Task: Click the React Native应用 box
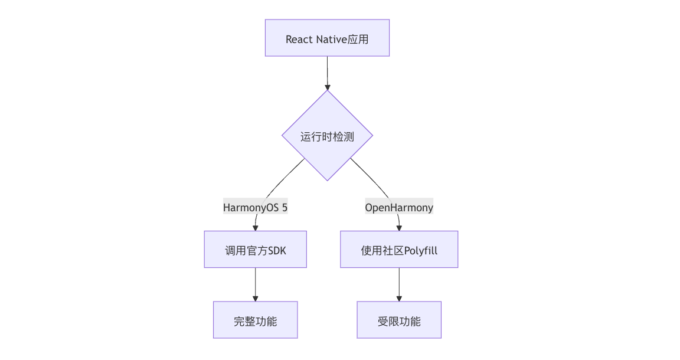point(327,38)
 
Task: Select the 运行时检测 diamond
point(327,136)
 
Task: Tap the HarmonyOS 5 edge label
point(255,207)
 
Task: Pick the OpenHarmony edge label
point(399,207)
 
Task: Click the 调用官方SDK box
point(255,249)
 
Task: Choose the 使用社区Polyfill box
point(399,249)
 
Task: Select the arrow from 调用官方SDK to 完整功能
point(255,283)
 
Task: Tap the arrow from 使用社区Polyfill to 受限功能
point(399,283)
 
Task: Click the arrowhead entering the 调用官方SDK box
point(255,227)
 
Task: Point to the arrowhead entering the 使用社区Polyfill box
point(399,227)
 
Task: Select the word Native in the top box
point(332,39)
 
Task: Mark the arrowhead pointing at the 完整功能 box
point(255,298)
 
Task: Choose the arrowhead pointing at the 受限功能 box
point(399,298)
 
